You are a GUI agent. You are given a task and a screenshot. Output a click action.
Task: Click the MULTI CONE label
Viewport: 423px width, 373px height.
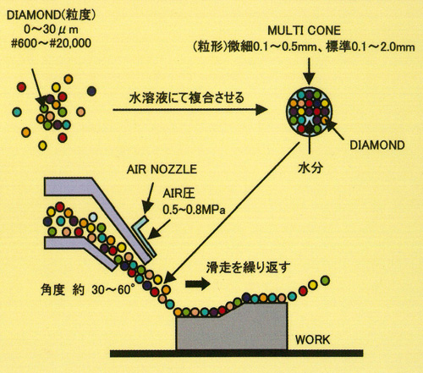click(x=304, y=30)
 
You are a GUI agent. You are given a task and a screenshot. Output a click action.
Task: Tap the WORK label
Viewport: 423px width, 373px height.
click(x=312, y=340)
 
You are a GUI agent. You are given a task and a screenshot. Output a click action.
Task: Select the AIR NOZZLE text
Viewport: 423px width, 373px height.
click(x=162, y=169)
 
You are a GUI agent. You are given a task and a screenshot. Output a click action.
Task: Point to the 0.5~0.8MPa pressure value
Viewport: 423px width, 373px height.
click(x=194, y=210)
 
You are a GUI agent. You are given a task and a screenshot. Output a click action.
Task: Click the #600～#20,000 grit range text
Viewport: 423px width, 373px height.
click(x=51, y=43)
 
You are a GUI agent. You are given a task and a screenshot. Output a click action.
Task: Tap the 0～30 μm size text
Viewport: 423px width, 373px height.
click(x=51, y=30)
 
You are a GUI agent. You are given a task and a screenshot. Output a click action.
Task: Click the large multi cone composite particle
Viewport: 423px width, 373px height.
click(x=310, y=111)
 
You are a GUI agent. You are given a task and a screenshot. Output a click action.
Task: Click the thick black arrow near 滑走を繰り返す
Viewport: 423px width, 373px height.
click(x=198, y=284)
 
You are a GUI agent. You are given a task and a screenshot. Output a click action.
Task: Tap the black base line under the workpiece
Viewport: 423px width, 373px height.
click(x=236, y=354)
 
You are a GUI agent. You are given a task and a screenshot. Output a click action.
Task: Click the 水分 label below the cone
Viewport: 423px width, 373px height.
click(x=310, y=167)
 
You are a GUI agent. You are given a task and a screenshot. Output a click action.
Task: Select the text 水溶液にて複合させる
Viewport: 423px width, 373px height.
click(x=186, y=98)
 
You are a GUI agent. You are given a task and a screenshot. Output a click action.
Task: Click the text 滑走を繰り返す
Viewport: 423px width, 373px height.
click(x=248, y=267)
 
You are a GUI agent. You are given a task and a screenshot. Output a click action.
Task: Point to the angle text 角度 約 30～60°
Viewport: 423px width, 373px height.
click(x=85, y=290)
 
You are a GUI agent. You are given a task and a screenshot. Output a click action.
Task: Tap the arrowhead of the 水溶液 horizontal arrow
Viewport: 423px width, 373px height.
click(x=261, y=109)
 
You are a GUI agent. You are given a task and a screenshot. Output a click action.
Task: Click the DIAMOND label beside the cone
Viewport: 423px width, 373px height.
click(x=377, y=145)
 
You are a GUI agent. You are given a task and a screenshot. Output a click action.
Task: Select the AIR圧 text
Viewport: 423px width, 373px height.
click(x=179, y=194)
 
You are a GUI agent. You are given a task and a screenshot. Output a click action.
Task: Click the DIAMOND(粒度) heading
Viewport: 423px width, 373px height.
click(x=51, y=15)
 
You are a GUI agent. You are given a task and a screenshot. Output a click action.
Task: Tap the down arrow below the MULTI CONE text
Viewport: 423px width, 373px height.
click(x=310, y=71)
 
